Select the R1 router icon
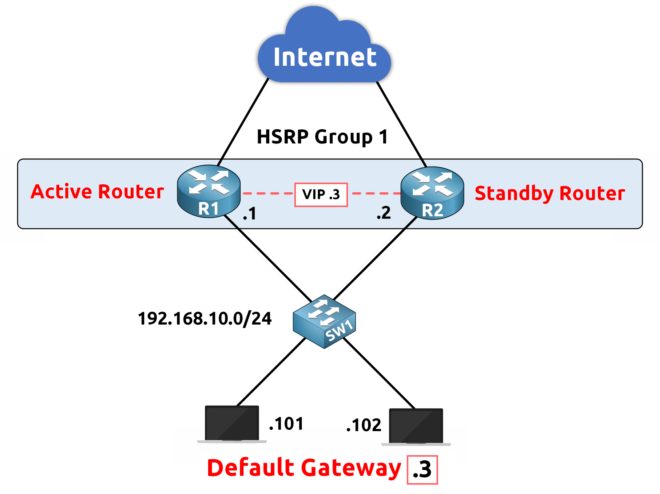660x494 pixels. [x=209, y=191]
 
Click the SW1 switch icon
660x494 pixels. [x=324, y=321]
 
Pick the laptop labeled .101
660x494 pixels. [x=232, y=424]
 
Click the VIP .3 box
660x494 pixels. [x=321, y=195]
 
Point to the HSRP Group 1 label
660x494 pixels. [x=323, y=137]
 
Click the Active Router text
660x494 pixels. [x=97, y=191]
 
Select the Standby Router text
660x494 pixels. [x=550, y=193]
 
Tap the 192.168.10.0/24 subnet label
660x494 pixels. [x=205, y=319]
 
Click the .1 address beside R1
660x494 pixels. [x=250, y=214]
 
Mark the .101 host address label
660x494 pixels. [x=286, y=424]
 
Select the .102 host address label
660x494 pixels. [x=364, y=425]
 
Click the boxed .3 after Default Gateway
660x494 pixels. [x=422, y=470]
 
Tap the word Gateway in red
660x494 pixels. [x=351, y=468]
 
